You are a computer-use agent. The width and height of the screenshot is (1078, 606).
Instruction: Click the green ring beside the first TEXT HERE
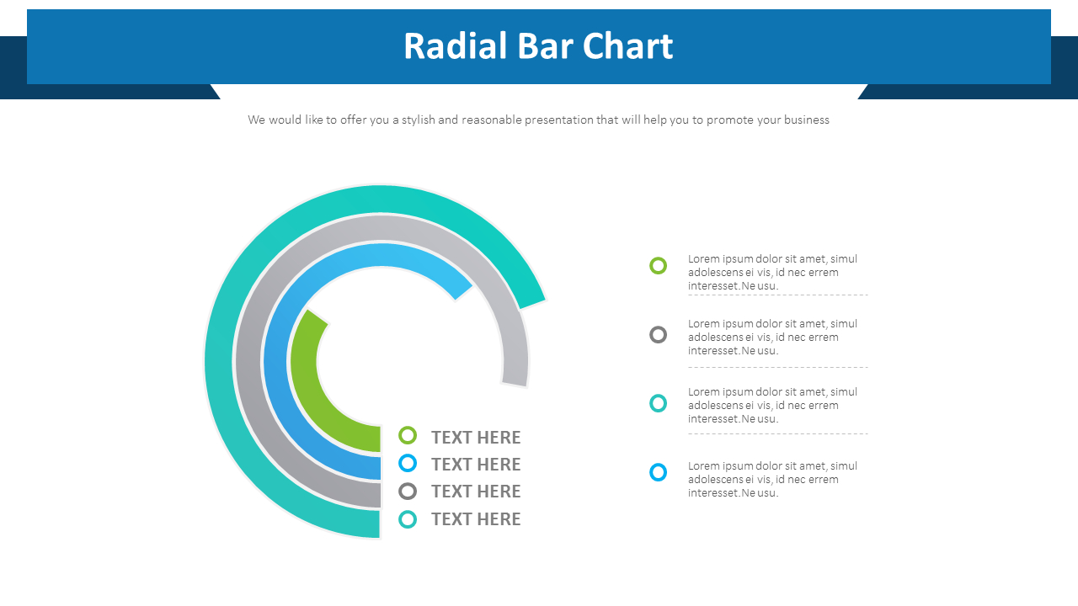(x=408, y=435)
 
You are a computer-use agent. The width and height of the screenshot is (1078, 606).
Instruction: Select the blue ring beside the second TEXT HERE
(x=408, y=463)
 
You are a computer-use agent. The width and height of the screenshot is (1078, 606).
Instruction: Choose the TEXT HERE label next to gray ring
(x=476, y=492)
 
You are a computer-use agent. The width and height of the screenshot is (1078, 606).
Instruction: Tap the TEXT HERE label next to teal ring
(x=476, y=519)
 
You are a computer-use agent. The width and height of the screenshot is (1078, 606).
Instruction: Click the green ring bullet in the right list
(x=659, y=266)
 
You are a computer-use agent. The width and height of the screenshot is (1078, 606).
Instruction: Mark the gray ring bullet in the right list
(x=659, y=335)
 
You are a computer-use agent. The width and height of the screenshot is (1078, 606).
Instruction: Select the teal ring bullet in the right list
(x=659, y=403)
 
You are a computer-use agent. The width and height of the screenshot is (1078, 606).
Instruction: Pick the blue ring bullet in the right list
(x=659, y=472)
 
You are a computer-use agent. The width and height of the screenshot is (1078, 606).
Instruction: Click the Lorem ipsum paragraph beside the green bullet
(x=772, y=273)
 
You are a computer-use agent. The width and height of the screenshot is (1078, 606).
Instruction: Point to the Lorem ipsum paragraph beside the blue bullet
(x=772, y=479)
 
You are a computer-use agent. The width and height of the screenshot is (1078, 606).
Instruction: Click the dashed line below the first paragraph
(x=777, y=295)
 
